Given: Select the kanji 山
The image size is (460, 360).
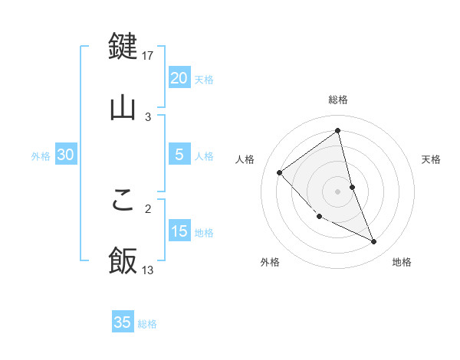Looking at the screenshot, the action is (x=123, y=107).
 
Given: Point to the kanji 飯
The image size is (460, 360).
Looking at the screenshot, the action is (x=123, y=260).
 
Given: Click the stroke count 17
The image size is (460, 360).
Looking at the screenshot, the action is (x=149, y=55).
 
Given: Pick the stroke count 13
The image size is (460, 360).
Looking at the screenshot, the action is (x=149, y=270).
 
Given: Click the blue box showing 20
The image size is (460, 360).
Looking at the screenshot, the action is (x=179, y=78).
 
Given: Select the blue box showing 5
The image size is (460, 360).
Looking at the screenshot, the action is (x=179, y=155).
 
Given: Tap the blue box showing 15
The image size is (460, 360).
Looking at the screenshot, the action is (x=179, y=231).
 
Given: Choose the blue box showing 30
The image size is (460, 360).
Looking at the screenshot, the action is (x=66, y=155).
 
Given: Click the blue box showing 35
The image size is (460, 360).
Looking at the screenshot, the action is (x=123, y=322).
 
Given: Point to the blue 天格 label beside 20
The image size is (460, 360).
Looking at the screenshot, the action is (x=204, y=80).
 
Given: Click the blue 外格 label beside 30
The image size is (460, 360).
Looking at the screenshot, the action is (x=41, y=156).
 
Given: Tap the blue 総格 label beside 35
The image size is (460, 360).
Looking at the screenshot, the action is (x=147, y=324).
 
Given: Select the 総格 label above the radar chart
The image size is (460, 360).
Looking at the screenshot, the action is (x=338, y=100).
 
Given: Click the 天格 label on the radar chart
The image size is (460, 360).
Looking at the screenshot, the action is (x=432, y=159).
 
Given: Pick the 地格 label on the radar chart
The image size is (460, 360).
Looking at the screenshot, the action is (x=402, y=262).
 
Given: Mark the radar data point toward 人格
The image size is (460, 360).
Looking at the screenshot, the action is (x=280, y=172).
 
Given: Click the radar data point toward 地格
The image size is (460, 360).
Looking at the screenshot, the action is (x=374, y=242).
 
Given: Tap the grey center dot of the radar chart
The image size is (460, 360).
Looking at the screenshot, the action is (x=338, y=191).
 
